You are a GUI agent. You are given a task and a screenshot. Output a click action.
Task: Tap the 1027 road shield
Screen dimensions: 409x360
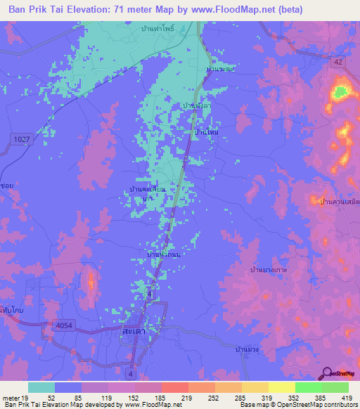(21, 141)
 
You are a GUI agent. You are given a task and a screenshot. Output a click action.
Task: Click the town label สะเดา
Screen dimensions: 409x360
(134, 330)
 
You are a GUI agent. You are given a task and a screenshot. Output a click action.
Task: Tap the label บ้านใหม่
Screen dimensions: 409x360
(207, 131)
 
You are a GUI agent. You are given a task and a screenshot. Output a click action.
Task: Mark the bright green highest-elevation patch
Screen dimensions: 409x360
(341, 91)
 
